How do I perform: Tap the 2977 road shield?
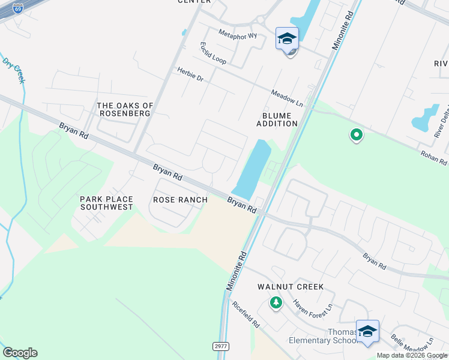220,346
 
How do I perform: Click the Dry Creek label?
15,71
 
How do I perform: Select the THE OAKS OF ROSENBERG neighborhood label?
125,110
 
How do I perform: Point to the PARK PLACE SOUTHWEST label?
107,203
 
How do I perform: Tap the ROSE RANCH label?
180,200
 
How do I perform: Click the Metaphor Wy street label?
238,34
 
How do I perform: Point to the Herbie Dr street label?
190,74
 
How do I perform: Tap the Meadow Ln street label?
287,99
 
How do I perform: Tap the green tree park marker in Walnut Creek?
276,302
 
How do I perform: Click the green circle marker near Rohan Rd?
357,135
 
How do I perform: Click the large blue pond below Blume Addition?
253,168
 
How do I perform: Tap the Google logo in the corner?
20,353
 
